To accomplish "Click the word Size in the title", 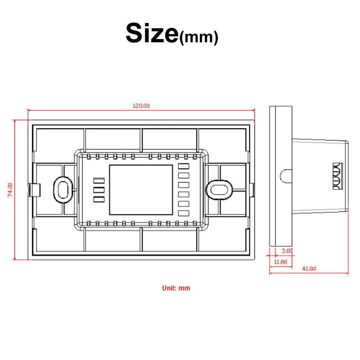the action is pos(152,33).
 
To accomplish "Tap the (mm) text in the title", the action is pos(198,37).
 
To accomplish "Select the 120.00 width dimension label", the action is pos(141,106).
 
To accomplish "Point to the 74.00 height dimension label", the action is pos(10,190).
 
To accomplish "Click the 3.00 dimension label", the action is pos(287,251).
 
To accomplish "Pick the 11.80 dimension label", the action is pos(280,262).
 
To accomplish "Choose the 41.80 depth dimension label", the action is pos(309,268).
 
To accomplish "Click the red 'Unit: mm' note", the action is pos(176,288).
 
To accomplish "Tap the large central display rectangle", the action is pos(141,190).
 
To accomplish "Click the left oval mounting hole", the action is pos(63,190).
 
